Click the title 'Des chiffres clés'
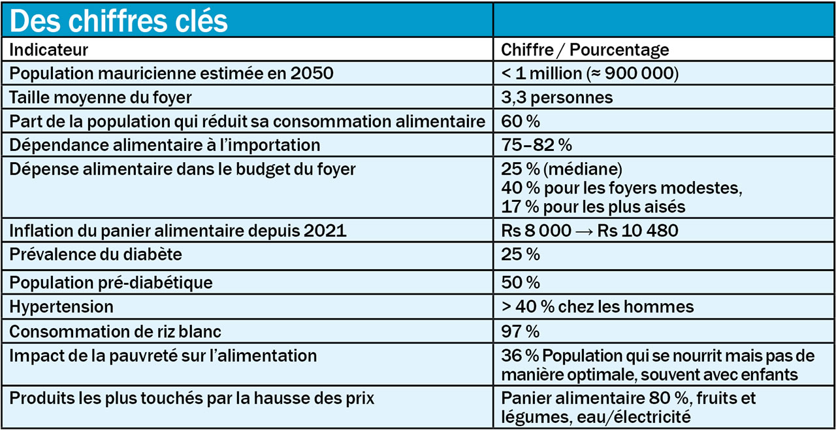[119, 21]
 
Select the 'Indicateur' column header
[48, 50]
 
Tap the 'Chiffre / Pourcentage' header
[585, 50]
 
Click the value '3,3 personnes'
[556, 97]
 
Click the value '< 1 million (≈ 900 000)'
[590, 73]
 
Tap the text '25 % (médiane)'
[561, 169]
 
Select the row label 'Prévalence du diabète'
[95, 254]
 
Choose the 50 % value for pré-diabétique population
[520, 282]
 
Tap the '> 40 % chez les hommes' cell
[597, 306]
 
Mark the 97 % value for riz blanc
[520, 331]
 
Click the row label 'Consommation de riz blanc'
[115, 331]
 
